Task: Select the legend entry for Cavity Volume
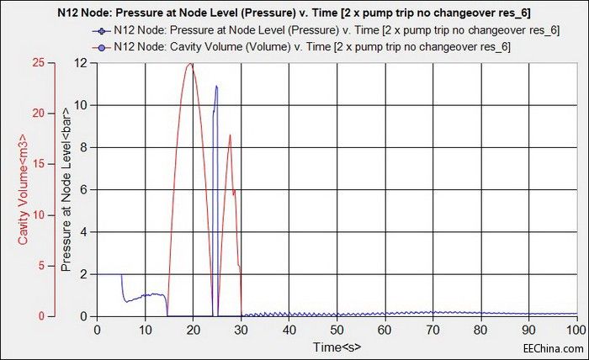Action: point(311,47)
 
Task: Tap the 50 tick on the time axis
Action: point(337,331)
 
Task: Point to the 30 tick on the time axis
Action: point(241,331)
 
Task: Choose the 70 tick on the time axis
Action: point(433,331)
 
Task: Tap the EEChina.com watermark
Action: point(550,347)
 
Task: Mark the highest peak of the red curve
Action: point(191,63)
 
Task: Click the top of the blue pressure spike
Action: point(216,86)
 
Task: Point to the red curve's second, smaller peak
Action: point(229,135)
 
